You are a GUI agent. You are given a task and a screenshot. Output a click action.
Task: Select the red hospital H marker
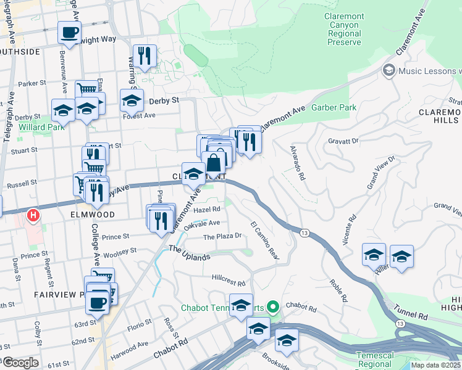(x=34, y=216)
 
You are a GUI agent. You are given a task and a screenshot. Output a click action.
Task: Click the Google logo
(x=20, y=363)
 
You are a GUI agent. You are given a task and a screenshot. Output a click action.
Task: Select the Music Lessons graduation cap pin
(x=389, y=71)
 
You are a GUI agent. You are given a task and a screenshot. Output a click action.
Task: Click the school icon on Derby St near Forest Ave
(x=132, y=101)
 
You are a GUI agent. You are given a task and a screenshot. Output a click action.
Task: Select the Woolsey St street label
(x=121, y=251)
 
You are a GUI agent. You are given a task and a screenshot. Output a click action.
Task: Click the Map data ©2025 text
(x=436, y=365)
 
